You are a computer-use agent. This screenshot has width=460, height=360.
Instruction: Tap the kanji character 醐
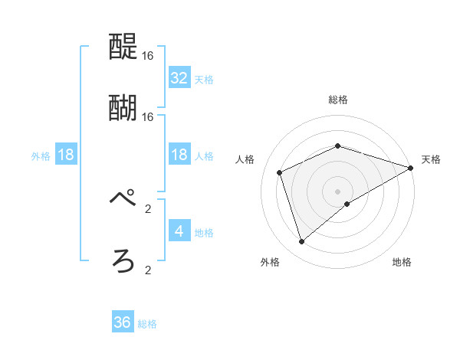[123, 107]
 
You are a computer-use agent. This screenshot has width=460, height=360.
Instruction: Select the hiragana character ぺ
[123, 199]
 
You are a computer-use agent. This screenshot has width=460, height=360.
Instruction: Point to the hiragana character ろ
[123, 261]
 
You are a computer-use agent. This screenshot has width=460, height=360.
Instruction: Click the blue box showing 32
[179, 77]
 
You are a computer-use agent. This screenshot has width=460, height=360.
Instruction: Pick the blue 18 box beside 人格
[179, 155]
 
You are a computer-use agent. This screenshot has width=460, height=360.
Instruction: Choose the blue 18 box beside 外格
[66, 155]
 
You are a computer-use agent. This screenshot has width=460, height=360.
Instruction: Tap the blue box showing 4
[179, 231]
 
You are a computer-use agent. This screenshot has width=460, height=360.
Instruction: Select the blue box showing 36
[123, 322]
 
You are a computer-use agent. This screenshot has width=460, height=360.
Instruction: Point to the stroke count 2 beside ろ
[148, 270]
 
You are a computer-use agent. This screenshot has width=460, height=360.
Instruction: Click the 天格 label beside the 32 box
[204, 79]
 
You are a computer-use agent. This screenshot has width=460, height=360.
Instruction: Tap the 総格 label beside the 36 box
[147, 324]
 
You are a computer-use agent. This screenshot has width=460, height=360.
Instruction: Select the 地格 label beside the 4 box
[204, 232]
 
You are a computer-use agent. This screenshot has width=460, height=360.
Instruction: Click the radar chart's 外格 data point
[301, 242]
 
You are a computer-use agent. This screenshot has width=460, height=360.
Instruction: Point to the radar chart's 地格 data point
[347, 204]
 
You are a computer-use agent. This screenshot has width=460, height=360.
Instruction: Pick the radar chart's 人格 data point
[280, 172]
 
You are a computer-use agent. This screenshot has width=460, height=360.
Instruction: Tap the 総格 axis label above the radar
[338, 100]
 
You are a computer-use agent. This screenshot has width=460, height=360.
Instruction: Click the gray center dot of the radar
[338, 191]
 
